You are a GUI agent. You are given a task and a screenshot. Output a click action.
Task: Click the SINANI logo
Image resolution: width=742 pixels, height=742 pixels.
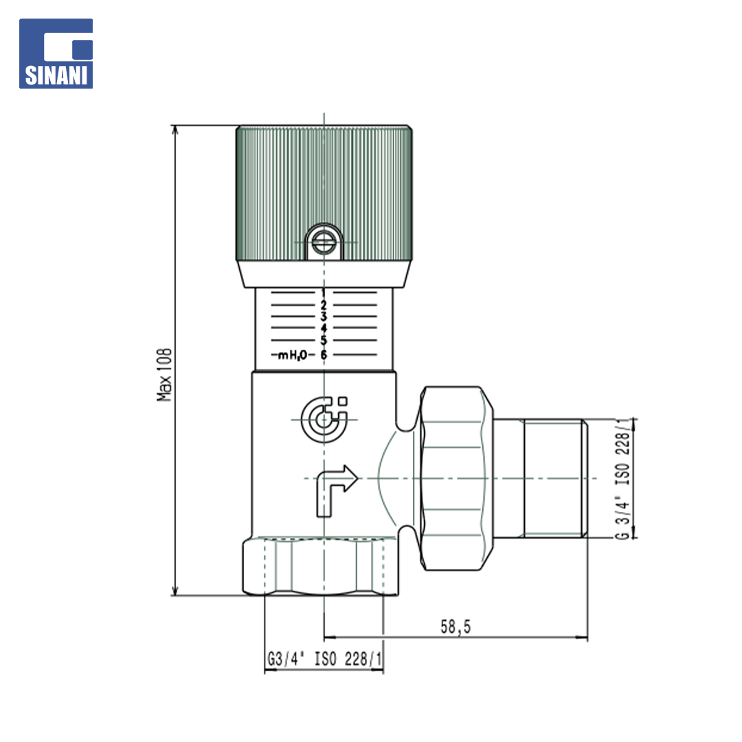(56, 54)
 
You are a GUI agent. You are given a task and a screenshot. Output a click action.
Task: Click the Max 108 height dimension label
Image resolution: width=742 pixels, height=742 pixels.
(164, 375)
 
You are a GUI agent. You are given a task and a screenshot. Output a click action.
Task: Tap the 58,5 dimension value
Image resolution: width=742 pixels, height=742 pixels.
(456, 627)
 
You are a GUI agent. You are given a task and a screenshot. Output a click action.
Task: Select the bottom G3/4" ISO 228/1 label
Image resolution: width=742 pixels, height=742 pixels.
(324, 659)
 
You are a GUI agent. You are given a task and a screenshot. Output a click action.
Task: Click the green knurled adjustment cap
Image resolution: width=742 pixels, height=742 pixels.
(324, 193)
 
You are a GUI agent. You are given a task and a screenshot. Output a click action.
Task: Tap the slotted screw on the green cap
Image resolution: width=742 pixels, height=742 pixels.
(324, 243)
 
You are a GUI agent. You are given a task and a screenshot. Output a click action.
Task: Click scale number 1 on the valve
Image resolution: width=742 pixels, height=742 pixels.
(324, 293)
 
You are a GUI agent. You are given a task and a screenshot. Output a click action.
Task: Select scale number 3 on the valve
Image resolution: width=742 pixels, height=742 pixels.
(324, 317)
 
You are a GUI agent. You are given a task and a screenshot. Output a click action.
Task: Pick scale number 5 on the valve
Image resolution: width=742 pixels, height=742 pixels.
(324, 340)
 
